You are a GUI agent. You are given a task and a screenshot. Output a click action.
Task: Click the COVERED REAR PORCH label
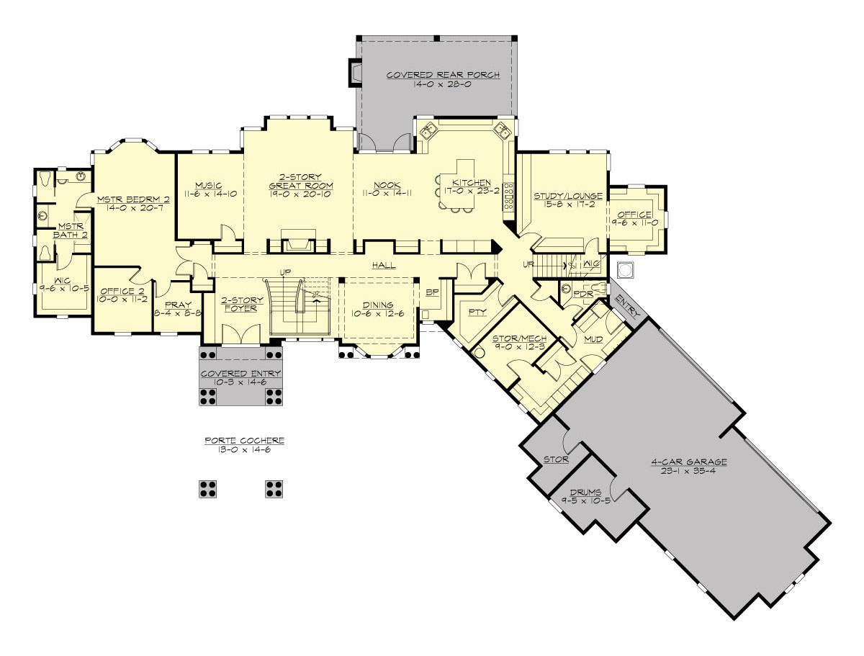[x=442, y=75]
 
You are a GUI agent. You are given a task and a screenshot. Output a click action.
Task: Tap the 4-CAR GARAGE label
[x=689, y=462]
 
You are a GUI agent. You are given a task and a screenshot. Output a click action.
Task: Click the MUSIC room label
[x=208, y=185]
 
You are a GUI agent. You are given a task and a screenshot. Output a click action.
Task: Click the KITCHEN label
[x=472, y=183]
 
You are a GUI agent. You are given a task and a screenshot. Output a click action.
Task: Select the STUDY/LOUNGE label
[x=568, y=196]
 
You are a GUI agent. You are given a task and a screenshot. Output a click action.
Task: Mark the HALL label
[x=384, y=266]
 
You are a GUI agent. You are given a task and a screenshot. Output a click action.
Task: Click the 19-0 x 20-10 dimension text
[x=300, y=194]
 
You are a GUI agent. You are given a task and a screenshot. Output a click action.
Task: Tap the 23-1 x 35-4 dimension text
[x=689, y=472]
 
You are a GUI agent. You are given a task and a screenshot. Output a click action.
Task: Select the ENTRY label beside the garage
[x=627, y=305]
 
